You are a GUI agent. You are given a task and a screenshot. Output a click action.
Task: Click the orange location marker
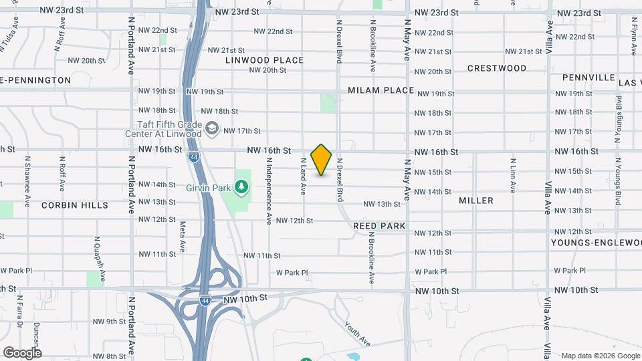[x=322, y=159]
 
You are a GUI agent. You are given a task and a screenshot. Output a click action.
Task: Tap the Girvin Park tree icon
[x=241, y=187]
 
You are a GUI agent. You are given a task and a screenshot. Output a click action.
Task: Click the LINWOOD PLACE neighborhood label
[x=264, y=60]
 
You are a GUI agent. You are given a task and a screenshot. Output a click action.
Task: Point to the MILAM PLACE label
[x=381, y=90]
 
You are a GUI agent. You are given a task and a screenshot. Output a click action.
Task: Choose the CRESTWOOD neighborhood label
[x=497, y=68]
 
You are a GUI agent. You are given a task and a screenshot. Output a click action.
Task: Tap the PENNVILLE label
[x=588, y=78]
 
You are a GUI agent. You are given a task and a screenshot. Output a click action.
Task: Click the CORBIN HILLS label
[x=75, y=205]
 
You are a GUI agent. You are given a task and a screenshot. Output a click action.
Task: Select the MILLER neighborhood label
[x=476, y=201]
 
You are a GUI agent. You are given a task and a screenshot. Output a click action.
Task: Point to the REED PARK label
[x=379, y=226]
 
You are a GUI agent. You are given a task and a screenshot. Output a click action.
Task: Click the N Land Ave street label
[x=303, y=176]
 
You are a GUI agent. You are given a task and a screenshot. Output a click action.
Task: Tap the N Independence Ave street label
[x=269, y=190]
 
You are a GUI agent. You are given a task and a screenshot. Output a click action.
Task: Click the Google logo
[x=22, y=352]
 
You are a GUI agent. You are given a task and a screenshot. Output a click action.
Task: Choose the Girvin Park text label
[x=209, y=188]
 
